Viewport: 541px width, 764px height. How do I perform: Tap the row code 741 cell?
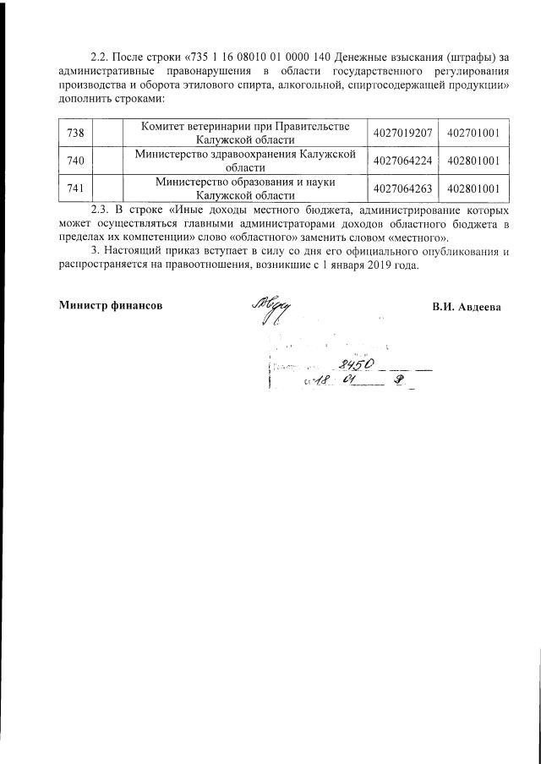pyautogui.click(x=74, y=188)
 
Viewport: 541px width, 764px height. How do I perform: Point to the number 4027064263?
pyautogui.click(x=402, y=188)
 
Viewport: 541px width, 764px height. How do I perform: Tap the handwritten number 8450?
pyautogui.click(x=355, y=364)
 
